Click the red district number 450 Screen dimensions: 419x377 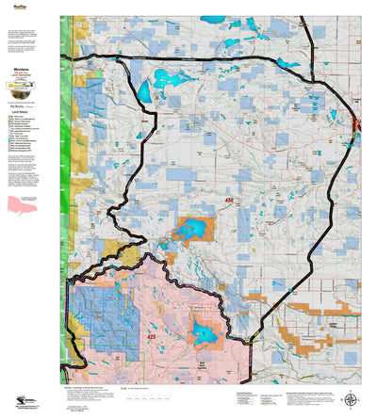click(229, 201)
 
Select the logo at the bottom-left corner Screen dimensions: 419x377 click(16, 399)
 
